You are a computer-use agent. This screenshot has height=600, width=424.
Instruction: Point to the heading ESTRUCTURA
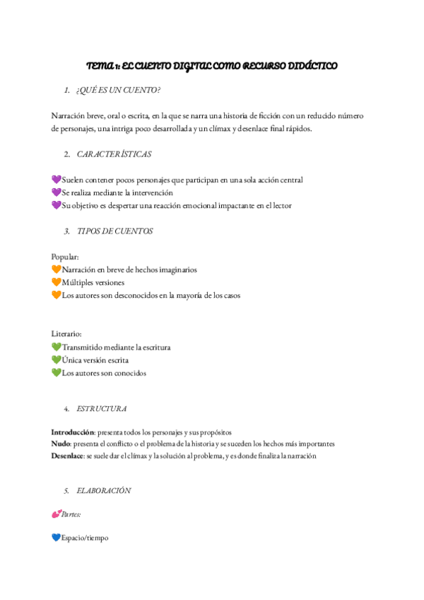click(102, 409)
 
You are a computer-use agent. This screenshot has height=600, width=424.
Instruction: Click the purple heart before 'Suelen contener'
click(57, 180)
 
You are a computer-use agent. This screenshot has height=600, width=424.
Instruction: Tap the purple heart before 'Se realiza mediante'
click(57, 192)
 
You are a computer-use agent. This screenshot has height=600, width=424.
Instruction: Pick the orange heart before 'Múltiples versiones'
click(57, 282)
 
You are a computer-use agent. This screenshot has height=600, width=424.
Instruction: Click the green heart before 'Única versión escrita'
click(57, 360)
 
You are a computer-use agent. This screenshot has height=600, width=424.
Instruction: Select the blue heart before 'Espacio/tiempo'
click(57, 538)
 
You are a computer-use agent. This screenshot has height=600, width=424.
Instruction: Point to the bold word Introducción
click(73, 432)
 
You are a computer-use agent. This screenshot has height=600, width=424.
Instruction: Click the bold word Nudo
click(61, 444)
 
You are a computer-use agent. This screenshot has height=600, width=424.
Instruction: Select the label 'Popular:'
click(65, 256)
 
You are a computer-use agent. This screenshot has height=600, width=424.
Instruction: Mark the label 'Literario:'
click(66, 333)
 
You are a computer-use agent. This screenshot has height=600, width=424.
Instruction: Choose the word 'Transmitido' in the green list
click(83, 347)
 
